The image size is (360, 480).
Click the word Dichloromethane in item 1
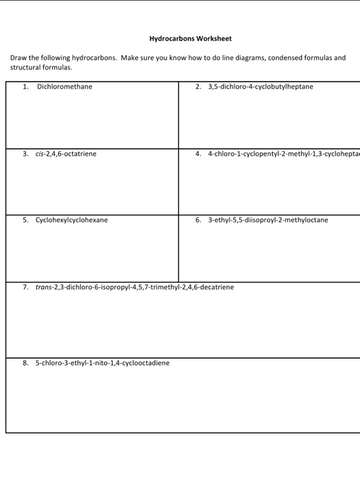coord(64,87)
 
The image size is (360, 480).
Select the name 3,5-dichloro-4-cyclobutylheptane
coord(260,87)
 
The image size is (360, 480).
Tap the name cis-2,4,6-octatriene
coord(66,154)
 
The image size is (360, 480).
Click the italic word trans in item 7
coord(44,287)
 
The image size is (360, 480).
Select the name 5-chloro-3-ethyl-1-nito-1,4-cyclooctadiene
coord(102,362)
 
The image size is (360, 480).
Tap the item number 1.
coord(25,87)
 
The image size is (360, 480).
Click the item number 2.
coord(197,87)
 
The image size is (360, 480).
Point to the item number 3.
coord(25,154)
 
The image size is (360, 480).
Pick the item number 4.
coord(197,154)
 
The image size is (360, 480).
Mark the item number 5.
coord(25,220)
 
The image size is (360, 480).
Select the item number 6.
coord(197,220)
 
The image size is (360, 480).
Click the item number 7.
coord(25,287)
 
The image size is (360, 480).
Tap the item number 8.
coord(25,362)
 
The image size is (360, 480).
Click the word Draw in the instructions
coord(19,58)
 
